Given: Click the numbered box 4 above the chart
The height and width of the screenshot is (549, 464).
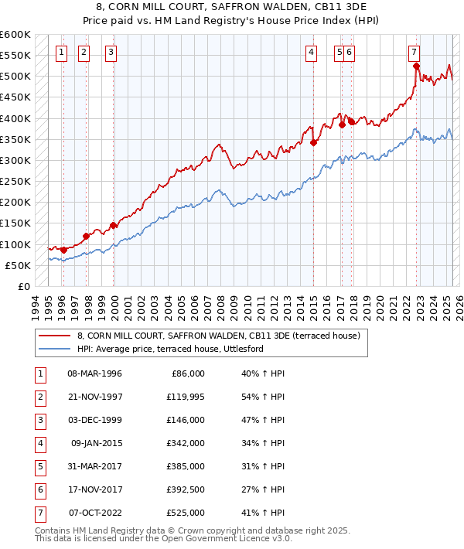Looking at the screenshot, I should (311, 53).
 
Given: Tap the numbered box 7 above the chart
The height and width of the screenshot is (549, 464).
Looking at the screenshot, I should (415, 53).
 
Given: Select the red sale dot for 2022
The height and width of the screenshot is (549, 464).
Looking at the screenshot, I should (416, 66).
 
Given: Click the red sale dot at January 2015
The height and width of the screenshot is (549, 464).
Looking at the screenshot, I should (314, 142).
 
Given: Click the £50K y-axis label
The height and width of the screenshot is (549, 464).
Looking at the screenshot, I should (18, 265).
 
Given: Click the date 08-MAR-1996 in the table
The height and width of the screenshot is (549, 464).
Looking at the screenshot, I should (95, 373).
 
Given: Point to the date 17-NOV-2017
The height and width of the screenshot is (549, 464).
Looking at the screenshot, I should (95, 489).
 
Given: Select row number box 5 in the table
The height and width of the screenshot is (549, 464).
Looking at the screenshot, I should (39, 466).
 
